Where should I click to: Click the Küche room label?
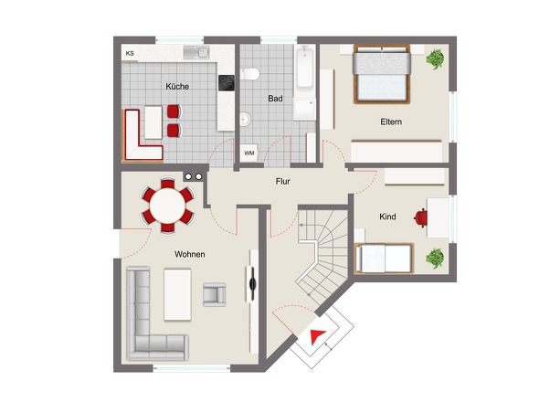click(177, 86)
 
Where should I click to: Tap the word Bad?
click(275, 99)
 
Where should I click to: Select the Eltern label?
click(391, 122)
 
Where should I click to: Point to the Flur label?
click(282, 181)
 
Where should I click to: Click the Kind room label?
click(387, 217)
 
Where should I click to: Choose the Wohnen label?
click(190, 255)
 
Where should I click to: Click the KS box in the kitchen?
click(130, 54)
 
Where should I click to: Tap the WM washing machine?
click(248, 153)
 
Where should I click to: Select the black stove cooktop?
click(227, 83)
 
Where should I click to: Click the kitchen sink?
click(196, 53)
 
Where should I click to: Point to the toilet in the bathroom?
click(249, 74)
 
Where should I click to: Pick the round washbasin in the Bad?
click(245, 119)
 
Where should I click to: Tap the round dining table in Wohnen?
click(167, 206)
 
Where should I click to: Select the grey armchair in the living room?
click(214, 294)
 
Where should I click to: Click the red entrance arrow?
click(317, 336)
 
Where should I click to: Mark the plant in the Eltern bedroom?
click(435, 59)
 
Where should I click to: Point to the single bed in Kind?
click(384, 258)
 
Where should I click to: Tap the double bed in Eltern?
click(382, 74)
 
